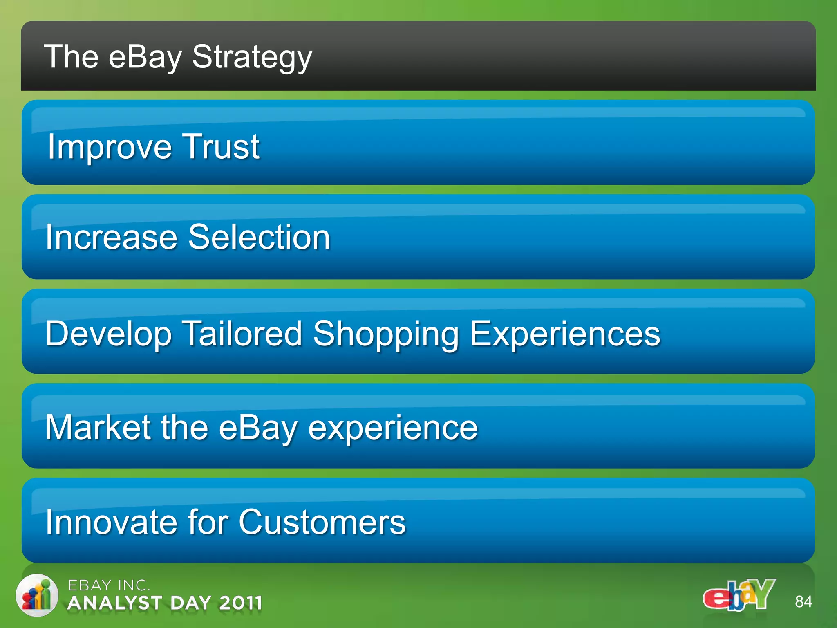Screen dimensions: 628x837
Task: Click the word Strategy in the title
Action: pyautogui.click(x=252, y=57)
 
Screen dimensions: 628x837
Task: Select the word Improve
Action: pyautogui.click(x=110, y=147)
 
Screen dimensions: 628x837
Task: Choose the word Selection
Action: pyautogui.click(x=259, y=237)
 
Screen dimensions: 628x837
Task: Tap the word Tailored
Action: pyautogui.click(x=242, y=334)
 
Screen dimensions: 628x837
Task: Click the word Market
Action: pyautogui.click(x=98, y=427)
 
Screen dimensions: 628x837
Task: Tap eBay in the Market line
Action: pyautogui.click(x=258, y=428)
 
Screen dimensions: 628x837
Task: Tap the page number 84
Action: pyautogui.click(x=803, y=602)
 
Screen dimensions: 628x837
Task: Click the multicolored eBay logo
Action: pyautogui.click(x=739, y=595)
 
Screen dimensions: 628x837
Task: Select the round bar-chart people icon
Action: pyautogui.click(x=37, y=595)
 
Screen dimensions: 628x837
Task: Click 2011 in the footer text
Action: pyautogui.click(x=240, y=603)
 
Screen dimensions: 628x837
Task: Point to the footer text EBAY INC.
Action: pyautogui.click(x=109, y=585)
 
